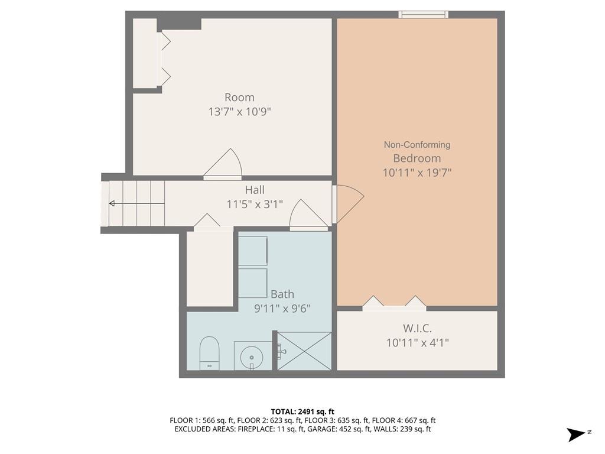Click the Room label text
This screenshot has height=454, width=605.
point(239,98)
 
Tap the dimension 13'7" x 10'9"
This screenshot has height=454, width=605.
point(239,112)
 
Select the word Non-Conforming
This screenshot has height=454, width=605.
point(417,145)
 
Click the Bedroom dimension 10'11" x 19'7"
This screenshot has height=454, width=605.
point(417,173)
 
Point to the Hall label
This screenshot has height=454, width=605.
point(255,190)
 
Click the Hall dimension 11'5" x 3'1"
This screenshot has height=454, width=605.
point(255,205)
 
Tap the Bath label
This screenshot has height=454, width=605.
point(282,294)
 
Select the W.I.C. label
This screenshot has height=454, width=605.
point(417,328)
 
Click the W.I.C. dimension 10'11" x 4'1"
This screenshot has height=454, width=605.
point(417,342)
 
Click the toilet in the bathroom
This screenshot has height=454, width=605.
point(209,353)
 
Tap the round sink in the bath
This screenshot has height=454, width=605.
point(253,356)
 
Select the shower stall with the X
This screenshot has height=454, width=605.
point(304,351)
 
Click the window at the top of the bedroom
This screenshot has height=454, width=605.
point(423,15)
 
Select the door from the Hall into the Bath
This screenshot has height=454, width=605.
point(308,216)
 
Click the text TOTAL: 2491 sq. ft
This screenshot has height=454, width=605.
point(302,411)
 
